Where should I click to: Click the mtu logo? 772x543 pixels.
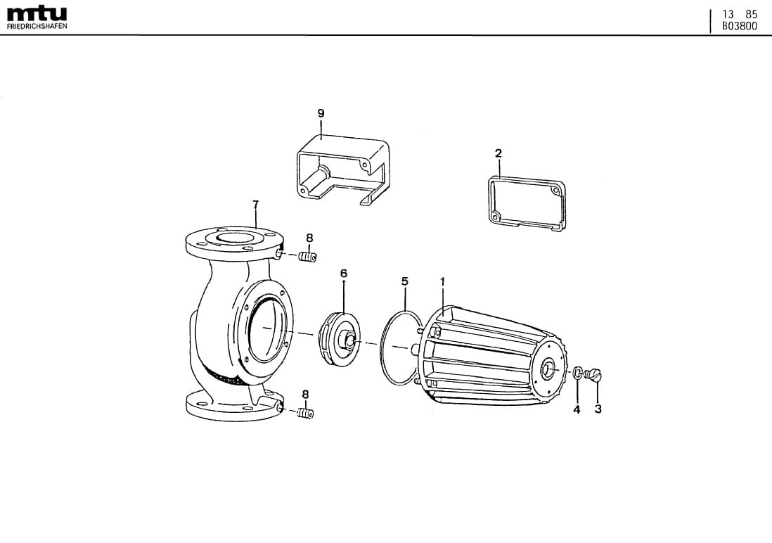[37, 14]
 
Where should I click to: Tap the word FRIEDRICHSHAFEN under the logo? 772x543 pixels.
[37, 27]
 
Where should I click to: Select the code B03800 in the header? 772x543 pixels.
[739, 26]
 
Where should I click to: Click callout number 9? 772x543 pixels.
[321, 113]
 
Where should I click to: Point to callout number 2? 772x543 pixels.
[498, 153]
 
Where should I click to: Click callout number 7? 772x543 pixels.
[256, 205]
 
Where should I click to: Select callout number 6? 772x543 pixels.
[344, 273]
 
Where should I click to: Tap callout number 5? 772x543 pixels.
[404, 281]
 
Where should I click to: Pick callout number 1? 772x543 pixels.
[443, 281]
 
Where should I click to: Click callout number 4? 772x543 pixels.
[577, 409]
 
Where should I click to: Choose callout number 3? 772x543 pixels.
[598, 409]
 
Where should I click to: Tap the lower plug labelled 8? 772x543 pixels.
[304, 413]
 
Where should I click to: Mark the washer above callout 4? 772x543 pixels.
[577, 373]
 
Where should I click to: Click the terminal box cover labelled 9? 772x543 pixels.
[343, 169]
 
